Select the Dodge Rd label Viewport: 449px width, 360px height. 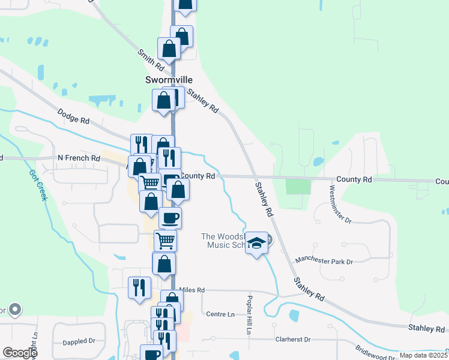73,116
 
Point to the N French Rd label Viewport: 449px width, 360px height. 79,158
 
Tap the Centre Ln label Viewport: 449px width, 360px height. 220,314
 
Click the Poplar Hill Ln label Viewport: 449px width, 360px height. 249,314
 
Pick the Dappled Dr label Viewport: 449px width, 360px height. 79,341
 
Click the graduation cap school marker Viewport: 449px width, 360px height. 257,243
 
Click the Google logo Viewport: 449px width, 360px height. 20,353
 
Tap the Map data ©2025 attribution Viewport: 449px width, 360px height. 423,355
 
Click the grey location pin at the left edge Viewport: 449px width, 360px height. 15,310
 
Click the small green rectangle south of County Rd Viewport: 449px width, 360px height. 298,186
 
